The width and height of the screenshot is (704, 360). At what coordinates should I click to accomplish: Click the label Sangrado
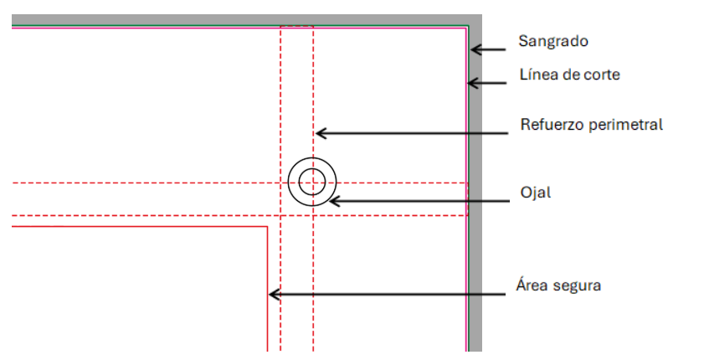click(554, 40)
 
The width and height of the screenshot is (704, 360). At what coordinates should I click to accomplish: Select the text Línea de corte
click(569, 75)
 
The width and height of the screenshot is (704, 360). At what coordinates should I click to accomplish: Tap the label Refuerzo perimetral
click(591, 125)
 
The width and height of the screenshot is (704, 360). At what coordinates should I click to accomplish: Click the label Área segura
click(558, 285)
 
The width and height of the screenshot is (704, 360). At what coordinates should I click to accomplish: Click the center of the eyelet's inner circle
click(312, 180)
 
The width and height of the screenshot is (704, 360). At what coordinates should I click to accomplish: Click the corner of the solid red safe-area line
click(266, 226)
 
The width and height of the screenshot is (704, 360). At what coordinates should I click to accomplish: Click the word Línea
click(537, 75)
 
